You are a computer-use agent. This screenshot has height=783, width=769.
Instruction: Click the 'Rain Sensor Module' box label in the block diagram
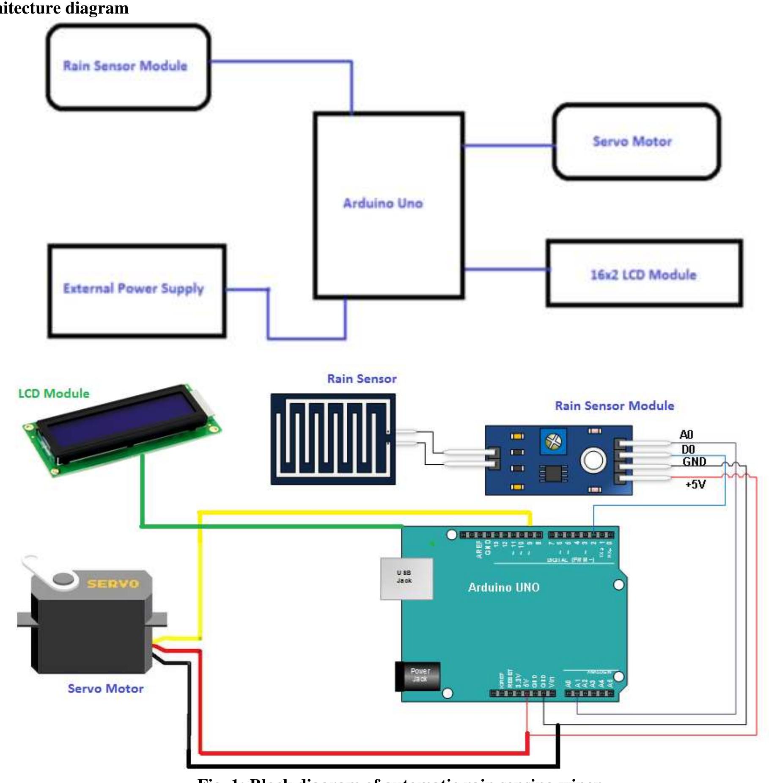(x=125, y=66)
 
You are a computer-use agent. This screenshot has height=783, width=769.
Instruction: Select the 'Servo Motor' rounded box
(x=636, y=141)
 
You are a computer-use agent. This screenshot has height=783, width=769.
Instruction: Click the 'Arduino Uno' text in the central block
(x=383, y=204)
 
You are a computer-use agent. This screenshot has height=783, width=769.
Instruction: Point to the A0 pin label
(x=686, y=435)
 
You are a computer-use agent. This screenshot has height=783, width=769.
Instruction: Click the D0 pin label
(x=688, y=449)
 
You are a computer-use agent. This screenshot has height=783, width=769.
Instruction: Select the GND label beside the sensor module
(x=694, y=461)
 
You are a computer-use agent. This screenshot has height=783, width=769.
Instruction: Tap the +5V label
(x=695, y=484)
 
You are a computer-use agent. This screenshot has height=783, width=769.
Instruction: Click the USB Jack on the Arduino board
(x=406, y=579)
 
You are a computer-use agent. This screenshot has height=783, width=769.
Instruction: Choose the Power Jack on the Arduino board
(x=418, y=676)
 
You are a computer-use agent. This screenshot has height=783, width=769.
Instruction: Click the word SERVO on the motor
(x=113, y=584)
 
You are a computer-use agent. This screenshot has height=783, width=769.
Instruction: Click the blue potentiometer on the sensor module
(x=554, y=442)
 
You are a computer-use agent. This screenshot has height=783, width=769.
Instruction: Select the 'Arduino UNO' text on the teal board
(x=503, y=587)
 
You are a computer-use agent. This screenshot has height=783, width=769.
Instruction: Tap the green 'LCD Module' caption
(x=54, y=394)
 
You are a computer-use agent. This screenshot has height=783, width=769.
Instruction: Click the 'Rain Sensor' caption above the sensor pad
(x=362, y=379)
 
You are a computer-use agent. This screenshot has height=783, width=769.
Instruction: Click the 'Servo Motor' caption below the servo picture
(x=105, y=689)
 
